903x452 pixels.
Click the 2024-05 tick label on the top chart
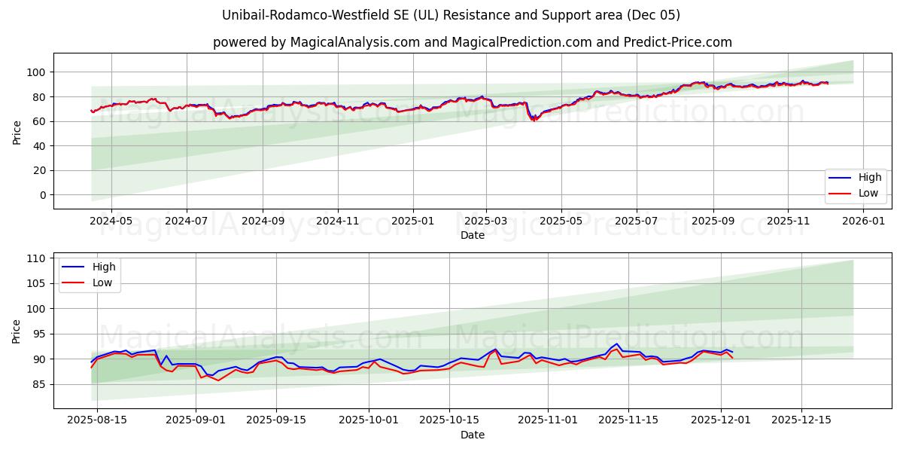(x=111, y=221)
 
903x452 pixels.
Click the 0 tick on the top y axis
(x=44, y=195)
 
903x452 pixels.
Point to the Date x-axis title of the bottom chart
(x=472, y=435)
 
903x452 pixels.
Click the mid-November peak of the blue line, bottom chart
(x=616, y=344)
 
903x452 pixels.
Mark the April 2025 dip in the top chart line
(x=534, y=120)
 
